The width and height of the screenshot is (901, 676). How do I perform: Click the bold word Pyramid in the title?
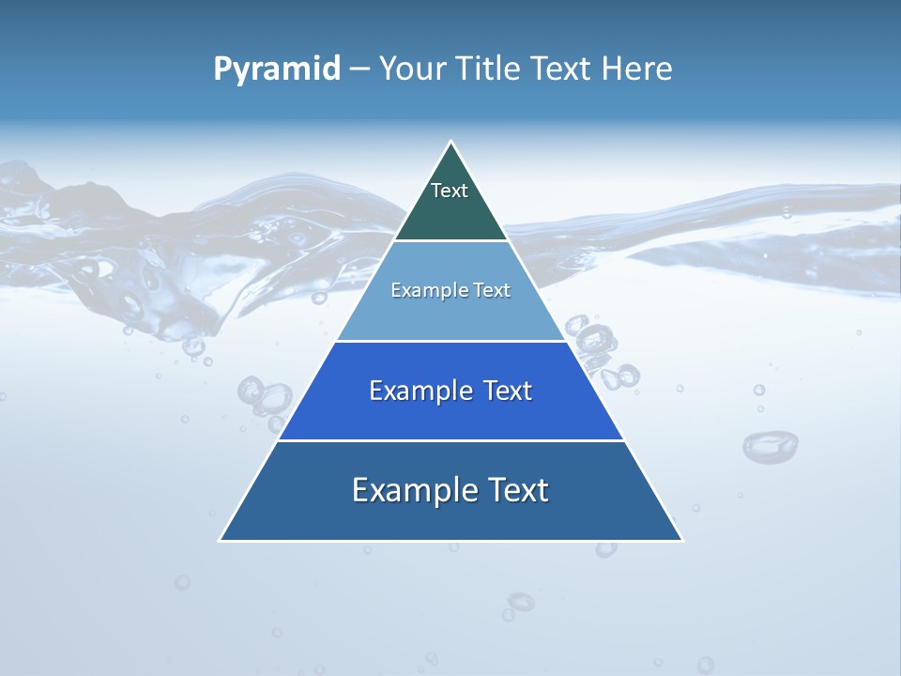coord(277,69)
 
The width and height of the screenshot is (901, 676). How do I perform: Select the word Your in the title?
coord(411,69)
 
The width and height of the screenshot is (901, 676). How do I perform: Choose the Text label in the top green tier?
coord(450,191)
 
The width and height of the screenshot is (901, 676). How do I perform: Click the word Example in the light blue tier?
coord(423,291)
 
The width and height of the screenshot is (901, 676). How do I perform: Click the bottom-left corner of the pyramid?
coord(221,540)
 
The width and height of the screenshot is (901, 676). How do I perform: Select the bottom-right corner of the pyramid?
coord(681,540)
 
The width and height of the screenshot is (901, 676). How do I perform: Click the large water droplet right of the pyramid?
coord(770,445)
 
